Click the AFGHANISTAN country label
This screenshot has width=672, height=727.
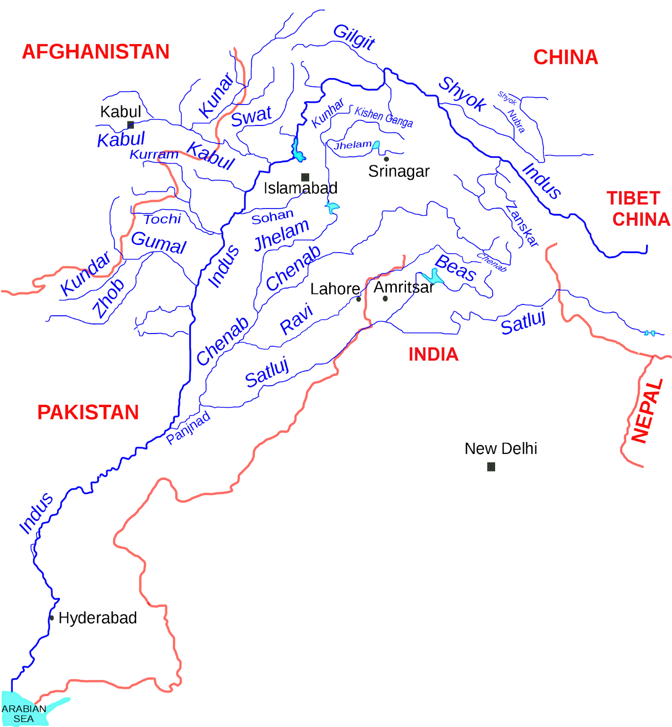(x=96, y=52)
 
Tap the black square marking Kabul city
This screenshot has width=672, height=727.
(x=130, y=125)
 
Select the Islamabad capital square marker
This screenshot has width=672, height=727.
(x=305, y=177)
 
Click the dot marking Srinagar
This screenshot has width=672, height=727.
(x=386, y=159)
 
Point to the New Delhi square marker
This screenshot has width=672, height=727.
(x=491, y=467)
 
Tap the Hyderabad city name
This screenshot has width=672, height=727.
(x=98, y=618)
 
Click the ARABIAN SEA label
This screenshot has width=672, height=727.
(x=24, y=714)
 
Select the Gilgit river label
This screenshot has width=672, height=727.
(x=354, y=37)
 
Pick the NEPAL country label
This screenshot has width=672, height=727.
(x=647, y=411)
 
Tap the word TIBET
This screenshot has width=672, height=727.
(x=633, y=199)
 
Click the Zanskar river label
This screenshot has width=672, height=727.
(x=523, y=225)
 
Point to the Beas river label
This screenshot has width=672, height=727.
(x=455, y=268)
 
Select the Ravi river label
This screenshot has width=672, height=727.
(x=296, y=319)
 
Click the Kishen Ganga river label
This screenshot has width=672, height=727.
(x=384, y=117)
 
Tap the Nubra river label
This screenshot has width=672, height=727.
(x=516, y=121)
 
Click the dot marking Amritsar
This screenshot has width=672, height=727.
(x=385, y=299)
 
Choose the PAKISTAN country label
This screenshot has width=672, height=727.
(x=88, y=413)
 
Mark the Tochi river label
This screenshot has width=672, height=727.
(x=163, y=219)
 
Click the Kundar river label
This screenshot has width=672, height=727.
(x=85, y=274)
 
